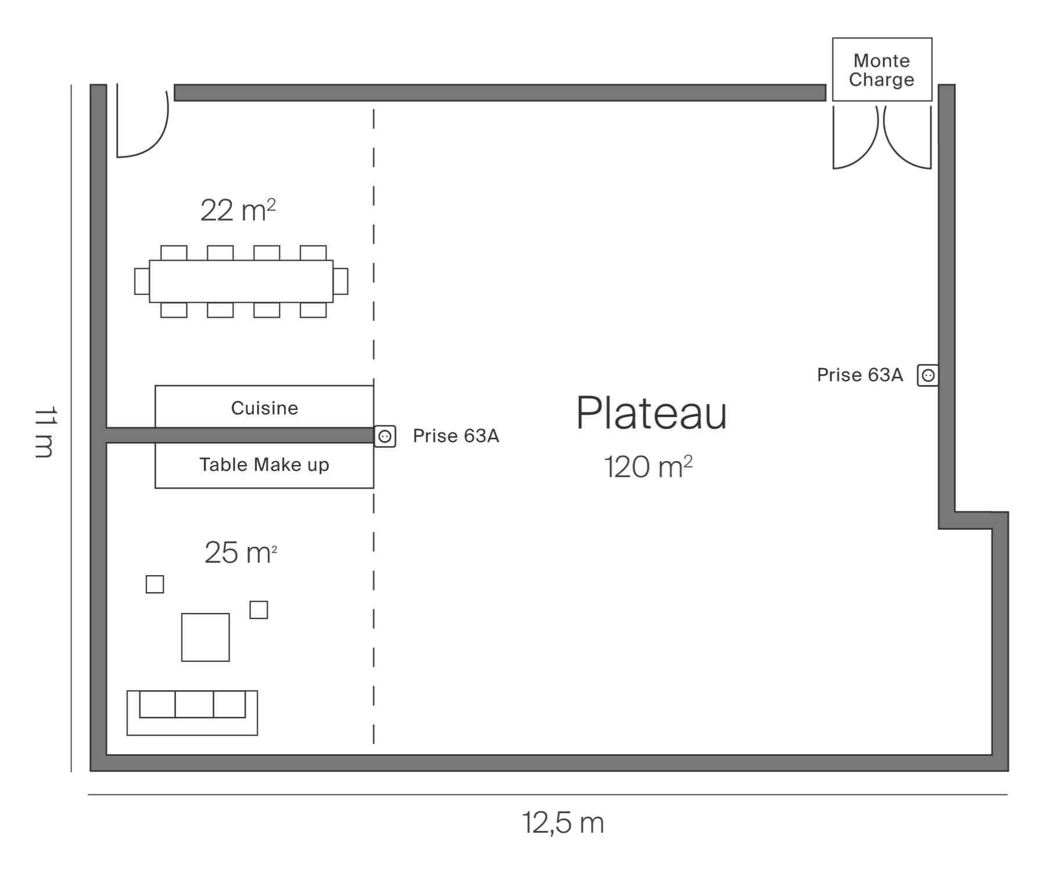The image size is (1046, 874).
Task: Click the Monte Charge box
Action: pyautogui.click(x=882, y=70)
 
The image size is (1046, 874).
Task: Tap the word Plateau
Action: pyautogui.click(x=651, y=413)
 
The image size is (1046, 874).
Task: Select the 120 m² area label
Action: pyautogui.click(x=648, y=467)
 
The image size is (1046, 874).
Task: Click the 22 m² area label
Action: pyautogui.click(x=238, y=211)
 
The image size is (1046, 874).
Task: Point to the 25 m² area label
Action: pyautogui.click(x=240, y=553)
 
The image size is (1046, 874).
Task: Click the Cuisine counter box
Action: pyautogui.click(x=264, y=407)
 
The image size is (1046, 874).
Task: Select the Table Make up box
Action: pyautogui.click(x=264, y=465)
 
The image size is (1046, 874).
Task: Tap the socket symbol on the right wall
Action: pyautogui.click(x=928, y=376)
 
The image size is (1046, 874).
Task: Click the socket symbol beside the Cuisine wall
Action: pyautogui.click(x=385, y=436)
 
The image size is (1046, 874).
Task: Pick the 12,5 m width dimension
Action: pyautogui.click(x=563, y=823)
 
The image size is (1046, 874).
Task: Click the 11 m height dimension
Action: pyautogui.click(x=45, y=432)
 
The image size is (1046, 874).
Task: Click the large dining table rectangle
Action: pyautogui.click(x=241, y=281)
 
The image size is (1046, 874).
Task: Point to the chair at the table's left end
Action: pyautogui.click(x=141, y=281)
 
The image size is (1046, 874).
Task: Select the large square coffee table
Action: pyautogui.click(x=205, y=637)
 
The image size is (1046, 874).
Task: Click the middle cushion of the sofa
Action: pyautogui.click(x=194, y=704)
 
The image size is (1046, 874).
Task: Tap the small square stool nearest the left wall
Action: pyautogui.click(x=155, y=584)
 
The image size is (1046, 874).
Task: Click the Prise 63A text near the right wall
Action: pyautogui.click(x=860, y=376)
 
